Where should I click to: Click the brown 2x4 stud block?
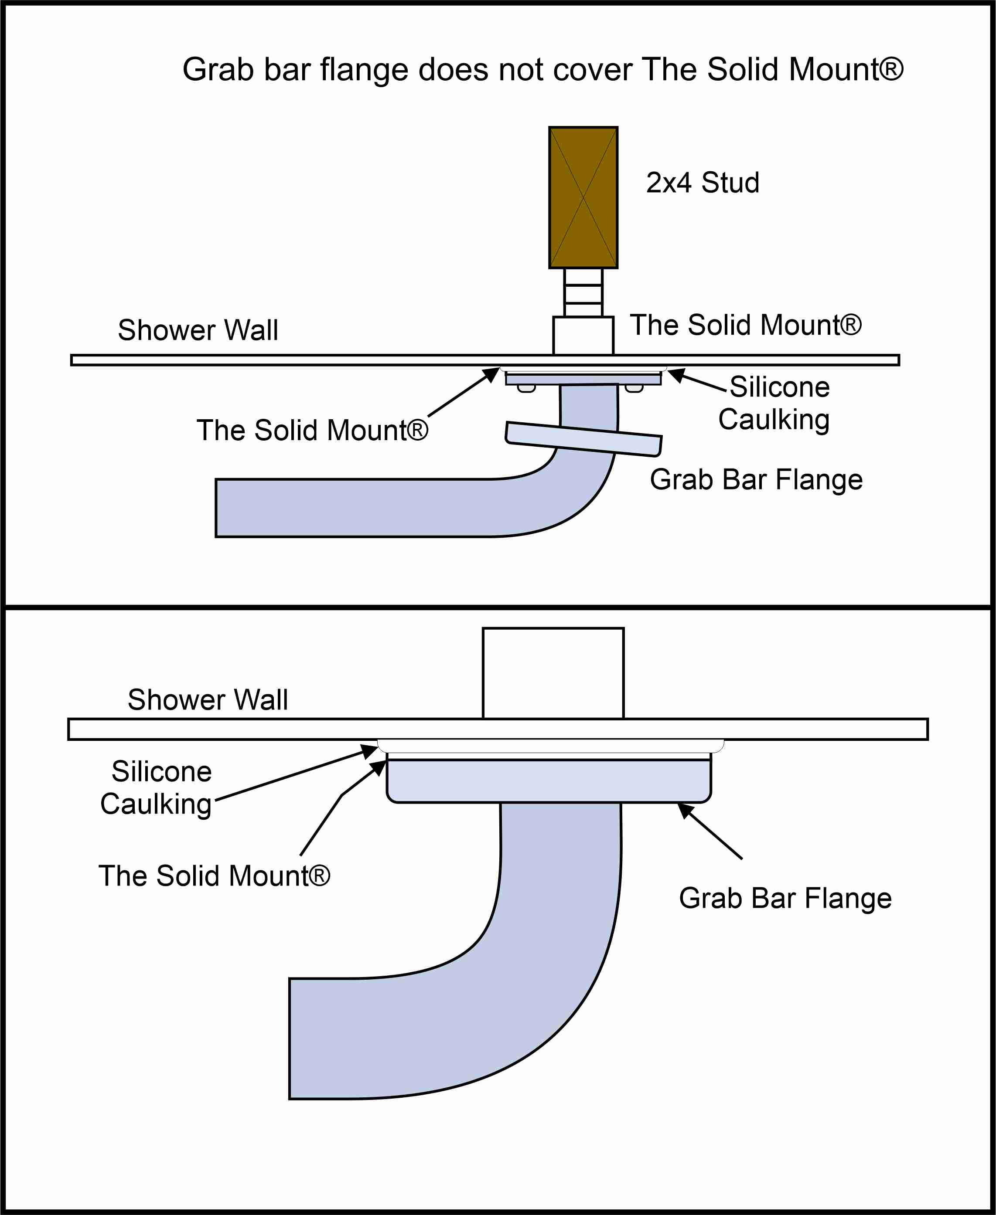[583, 197]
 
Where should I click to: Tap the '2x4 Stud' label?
[702, 183]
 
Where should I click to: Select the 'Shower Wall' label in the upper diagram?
[198, 330]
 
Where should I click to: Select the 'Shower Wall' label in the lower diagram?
[208, 699]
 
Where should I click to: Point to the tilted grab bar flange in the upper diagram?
[583, 439]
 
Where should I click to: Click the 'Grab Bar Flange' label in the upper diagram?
[756, 479]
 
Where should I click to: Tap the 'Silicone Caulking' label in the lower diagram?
[157, 787]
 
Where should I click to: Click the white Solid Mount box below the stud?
[583, 336]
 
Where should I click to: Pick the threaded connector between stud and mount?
[583, 292]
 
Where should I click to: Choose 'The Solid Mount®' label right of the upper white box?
[745, 325]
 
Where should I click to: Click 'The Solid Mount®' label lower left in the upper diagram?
[312, 430]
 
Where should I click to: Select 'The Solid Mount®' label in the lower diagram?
[214, 876]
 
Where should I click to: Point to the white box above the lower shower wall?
[553, 672]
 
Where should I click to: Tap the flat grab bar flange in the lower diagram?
[549, 781]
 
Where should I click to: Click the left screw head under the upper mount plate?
[526, 389]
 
